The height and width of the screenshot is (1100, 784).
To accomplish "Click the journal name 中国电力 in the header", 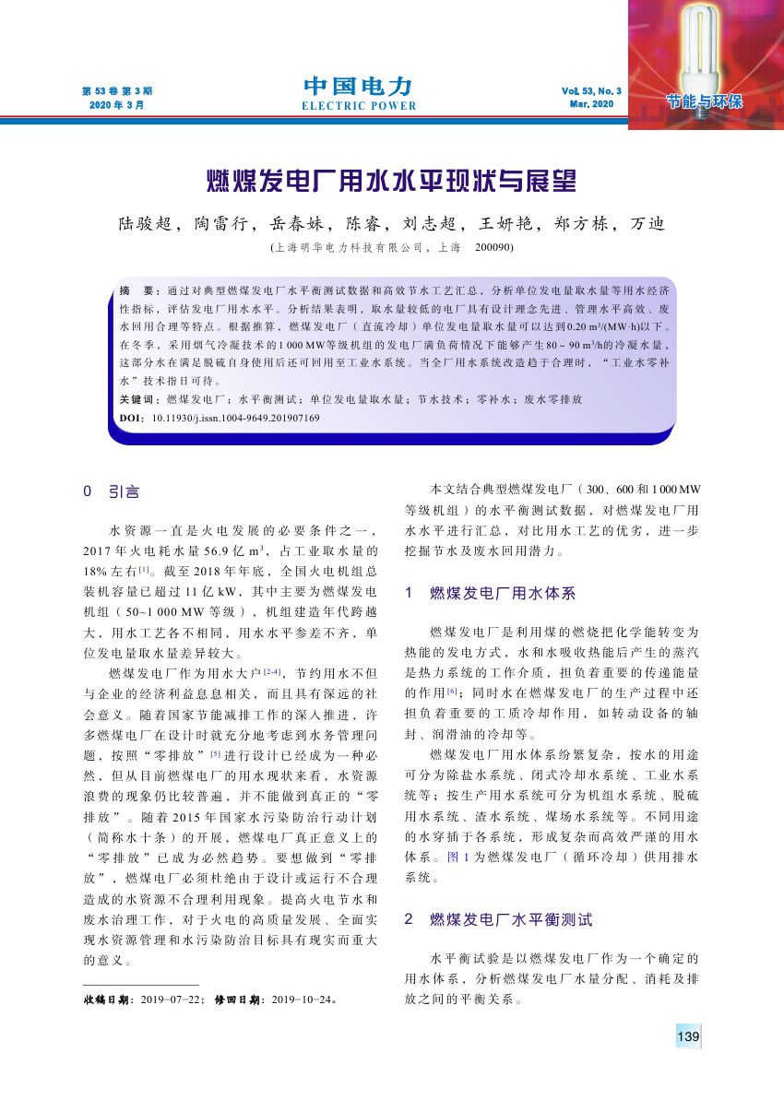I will click(358, 87).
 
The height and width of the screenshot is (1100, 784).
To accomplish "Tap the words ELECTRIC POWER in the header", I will click(359, 106).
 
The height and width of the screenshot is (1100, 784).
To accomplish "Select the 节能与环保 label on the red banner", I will click(707, 101).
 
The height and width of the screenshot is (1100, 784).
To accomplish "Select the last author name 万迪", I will click(647, 224).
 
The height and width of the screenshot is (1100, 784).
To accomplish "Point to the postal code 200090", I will click(493, 247).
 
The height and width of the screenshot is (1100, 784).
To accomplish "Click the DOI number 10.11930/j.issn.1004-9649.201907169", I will click(235, 418).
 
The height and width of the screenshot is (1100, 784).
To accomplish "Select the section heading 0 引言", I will click(112, 492).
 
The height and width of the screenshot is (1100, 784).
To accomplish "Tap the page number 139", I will click(688, 1036).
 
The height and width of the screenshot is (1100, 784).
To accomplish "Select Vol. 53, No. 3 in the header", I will click(591, 91).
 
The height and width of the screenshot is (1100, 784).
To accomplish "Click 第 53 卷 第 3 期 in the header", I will click(117, 91).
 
